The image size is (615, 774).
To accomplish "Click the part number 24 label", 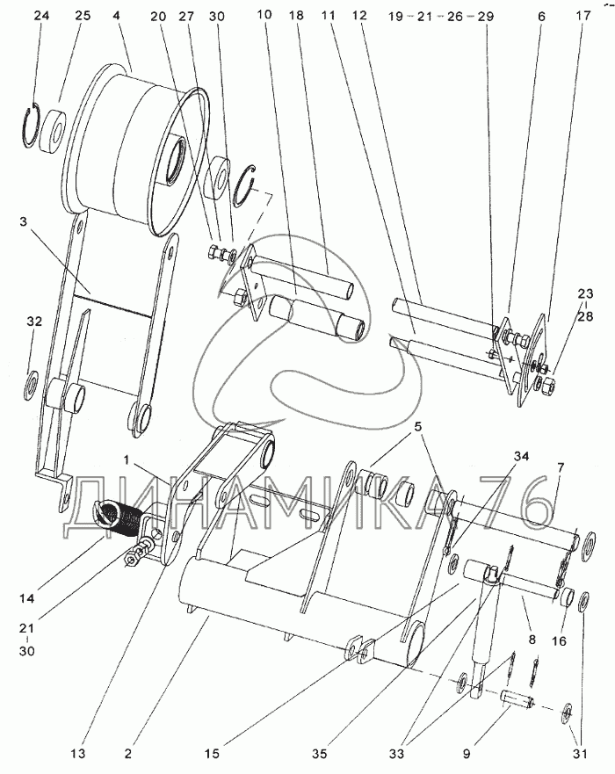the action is (41, 15).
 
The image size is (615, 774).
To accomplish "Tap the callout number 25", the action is (83, 15).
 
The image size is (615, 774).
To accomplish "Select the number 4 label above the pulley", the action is (116, 15).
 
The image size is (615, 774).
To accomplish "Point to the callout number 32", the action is (34, 322).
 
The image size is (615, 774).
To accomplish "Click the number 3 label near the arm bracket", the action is (23, 221).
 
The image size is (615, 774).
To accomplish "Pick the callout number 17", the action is (582, 15).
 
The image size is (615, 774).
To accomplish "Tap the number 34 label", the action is (521, 457).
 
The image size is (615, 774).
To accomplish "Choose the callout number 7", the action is (561, 467).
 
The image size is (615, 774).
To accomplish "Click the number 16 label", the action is (559, 641).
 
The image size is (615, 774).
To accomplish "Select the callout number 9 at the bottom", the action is (467, 754).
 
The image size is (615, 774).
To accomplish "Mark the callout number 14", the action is (26, 598).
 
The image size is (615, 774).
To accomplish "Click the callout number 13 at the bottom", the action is (77, 754).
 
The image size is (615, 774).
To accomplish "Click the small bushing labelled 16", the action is (568, 597).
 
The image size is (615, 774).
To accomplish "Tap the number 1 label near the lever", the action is (127, 459).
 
